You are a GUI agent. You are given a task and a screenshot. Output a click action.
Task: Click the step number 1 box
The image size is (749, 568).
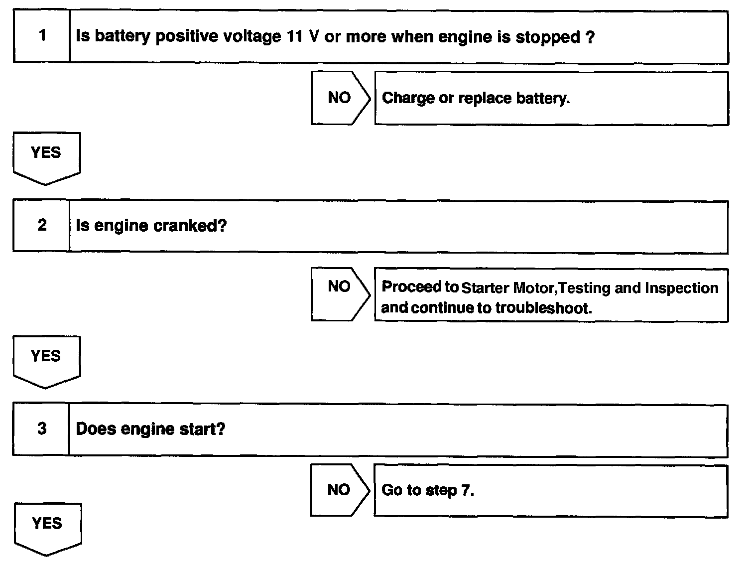click(x=42, y=36)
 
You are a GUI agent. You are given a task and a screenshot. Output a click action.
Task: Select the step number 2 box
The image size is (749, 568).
click(x=42, y=225)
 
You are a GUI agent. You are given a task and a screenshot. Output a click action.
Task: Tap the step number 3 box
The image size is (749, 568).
click(x=42, y=428)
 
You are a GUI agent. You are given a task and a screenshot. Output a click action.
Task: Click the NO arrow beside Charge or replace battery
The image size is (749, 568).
click(x=340, y=98)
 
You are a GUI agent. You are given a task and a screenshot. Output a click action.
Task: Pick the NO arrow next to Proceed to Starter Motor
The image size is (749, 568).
click(x=340, y=293)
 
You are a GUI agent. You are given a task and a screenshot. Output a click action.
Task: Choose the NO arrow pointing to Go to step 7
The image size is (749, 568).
click(x=340, y=490)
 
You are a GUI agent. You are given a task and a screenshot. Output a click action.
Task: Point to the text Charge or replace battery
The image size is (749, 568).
click(x=476, y=98)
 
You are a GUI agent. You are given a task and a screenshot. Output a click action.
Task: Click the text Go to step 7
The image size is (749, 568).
click(x=428, y=490)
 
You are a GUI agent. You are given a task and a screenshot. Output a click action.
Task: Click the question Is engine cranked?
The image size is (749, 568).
click(x=151, y=226)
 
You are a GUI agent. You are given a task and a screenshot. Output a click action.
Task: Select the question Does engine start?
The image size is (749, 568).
click(x=150, y=429)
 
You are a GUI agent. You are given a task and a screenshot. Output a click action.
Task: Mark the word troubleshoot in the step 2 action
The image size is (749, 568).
click(x=543, y=308)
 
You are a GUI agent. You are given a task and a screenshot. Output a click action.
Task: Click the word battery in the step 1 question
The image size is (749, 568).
click(x=122, y=37)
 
